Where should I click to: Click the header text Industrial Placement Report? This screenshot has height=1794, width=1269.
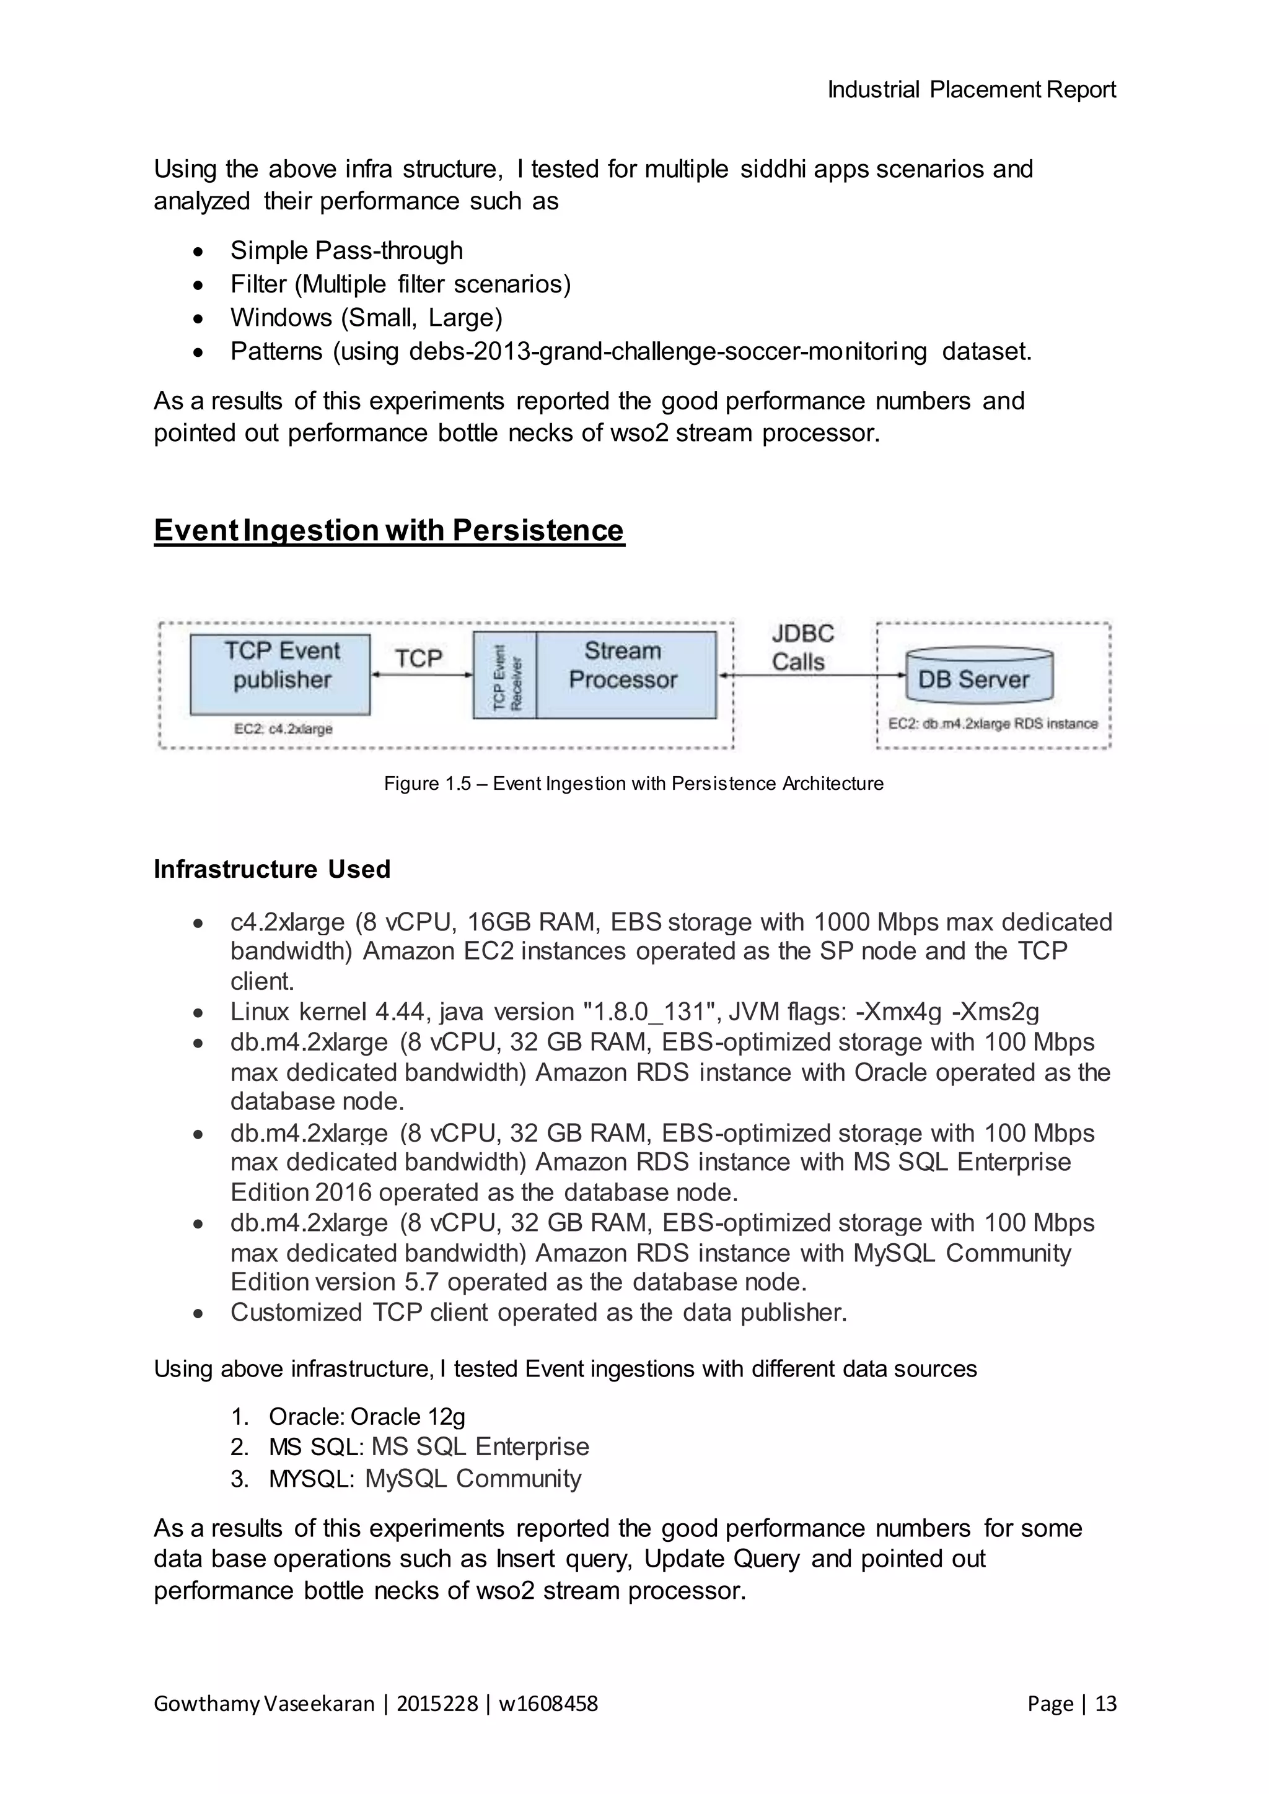[x=972, y=90]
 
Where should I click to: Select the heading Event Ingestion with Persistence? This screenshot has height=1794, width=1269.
[x=389, y=530]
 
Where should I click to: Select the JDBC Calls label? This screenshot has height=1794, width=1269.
[x=801, y=648]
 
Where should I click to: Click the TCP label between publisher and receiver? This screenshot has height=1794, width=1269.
[x=419, y=658]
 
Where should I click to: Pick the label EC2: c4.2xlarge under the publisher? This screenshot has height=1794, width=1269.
[x=283, y=729]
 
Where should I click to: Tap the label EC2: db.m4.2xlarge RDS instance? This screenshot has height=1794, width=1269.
[x=993, y=724]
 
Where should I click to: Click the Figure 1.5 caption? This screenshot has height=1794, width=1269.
[x=634, y=784]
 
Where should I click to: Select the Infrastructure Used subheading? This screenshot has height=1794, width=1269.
[x=272, y=870]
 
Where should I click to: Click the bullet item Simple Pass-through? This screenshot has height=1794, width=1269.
[x=346, y=251]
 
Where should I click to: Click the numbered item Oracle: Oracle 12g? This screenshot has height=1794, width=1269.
[x=366, y=1417]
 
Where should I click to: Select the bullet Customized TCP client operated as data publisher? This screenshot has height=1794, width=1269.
[x=538, y=1313]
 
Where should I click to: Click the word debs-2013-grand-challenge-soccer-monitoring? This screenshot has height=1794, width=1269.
[x=667, y=352]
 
